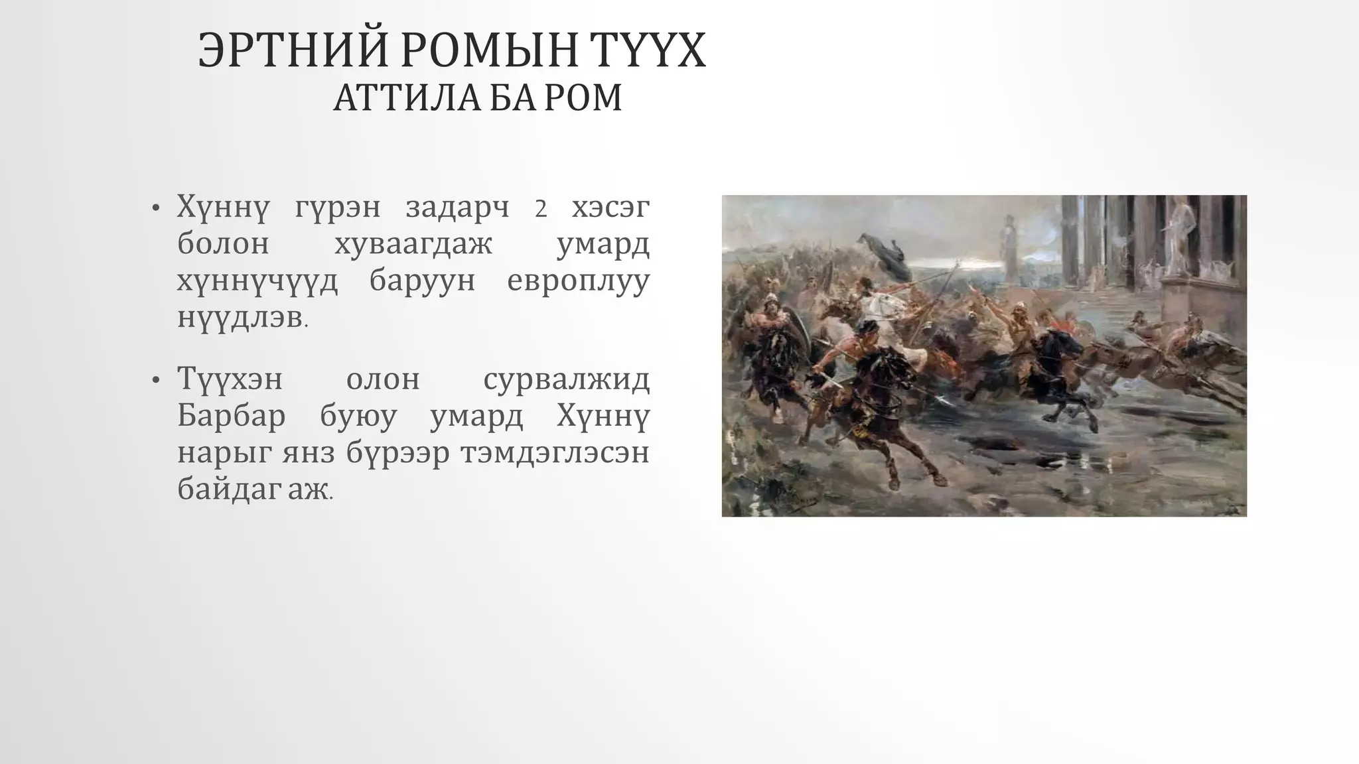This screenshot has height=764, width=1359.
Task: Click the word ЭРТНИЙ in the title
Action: (x=293, y=50)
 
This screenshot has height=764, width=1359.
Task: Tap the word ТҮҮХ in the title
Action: (x=644, y=50)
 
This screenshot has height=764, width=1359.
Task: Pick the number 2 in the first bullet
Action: (x=541, y=209)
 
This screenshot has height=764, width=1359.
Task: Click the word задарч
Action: (x=457, y=208)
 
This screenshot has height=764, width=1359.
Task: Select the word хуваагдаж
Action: (x=413, y=244)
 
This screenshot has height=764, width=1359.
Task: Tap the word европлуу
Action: (x=578, y=281)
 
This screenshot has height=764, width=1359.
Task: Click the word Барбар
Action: (x=232, y=416)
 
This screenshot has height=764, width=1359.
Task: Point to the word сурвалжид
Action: (x=566, y=380)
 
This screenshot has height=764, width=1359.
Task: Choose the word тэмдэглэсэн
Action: (x=555, y=454)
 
